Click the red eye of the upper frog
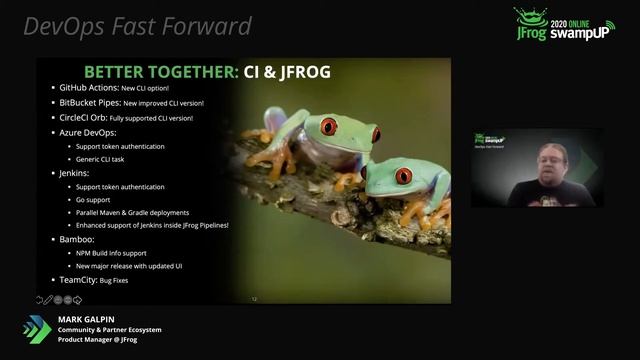coord(327,126)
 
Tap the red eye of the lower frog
coord(403,176)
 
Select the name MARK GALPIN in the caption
coord(85,320)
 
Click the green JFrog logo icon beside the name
coord(37,329)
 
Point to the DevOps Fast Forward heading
coord(138,26)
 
